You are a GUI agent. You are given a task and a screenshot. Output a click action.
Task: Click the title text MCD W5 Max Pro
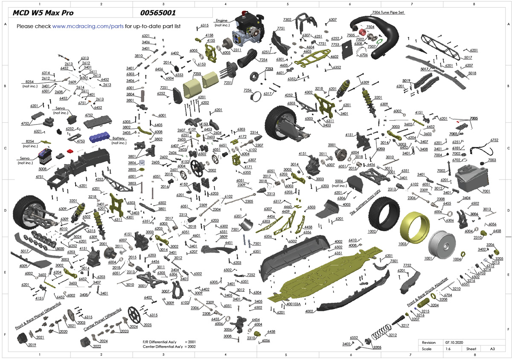[x=43, y=13]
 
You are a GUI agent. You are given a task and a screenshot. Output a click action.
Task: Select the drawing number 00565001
[x=158, y=13]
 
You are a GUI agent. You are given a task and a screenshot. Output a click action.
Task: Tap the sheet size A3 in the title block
[x=492, y=349]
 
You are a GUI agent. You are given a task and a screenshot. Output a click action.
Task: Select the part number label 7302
[x=287, y=20]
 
